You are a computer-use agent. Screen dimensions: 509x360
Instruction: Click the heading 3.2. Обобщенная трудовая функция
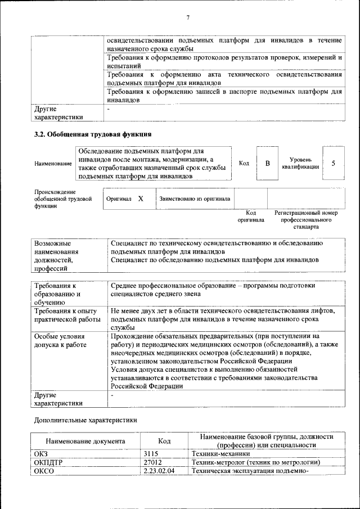point(93,134)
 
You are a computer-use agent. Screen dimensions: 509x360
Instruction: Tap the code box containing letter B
point(268,163)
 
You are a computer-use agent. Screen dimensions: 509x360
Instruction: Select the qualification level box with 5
point(334,163)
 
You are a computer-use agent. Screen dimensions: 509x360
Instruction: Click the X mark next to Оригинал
point(141,199)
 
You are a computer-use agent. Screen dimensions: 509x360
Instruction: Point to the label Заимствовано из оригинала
point(195,199)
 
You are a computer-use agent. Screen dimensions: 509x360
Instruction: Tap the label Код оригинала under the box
point(250,217)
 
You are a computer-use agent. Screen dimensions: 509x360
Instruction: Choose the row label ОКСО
point(44,471)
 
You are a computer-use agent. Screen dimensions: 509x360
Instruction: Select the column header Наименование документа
point(85,442)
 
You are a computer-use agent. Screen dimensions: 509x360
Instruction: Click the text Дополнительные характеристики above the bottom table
point(85,420)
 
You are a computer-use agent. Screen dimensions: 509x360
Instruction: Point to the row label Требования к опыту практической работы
point(65,314)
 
